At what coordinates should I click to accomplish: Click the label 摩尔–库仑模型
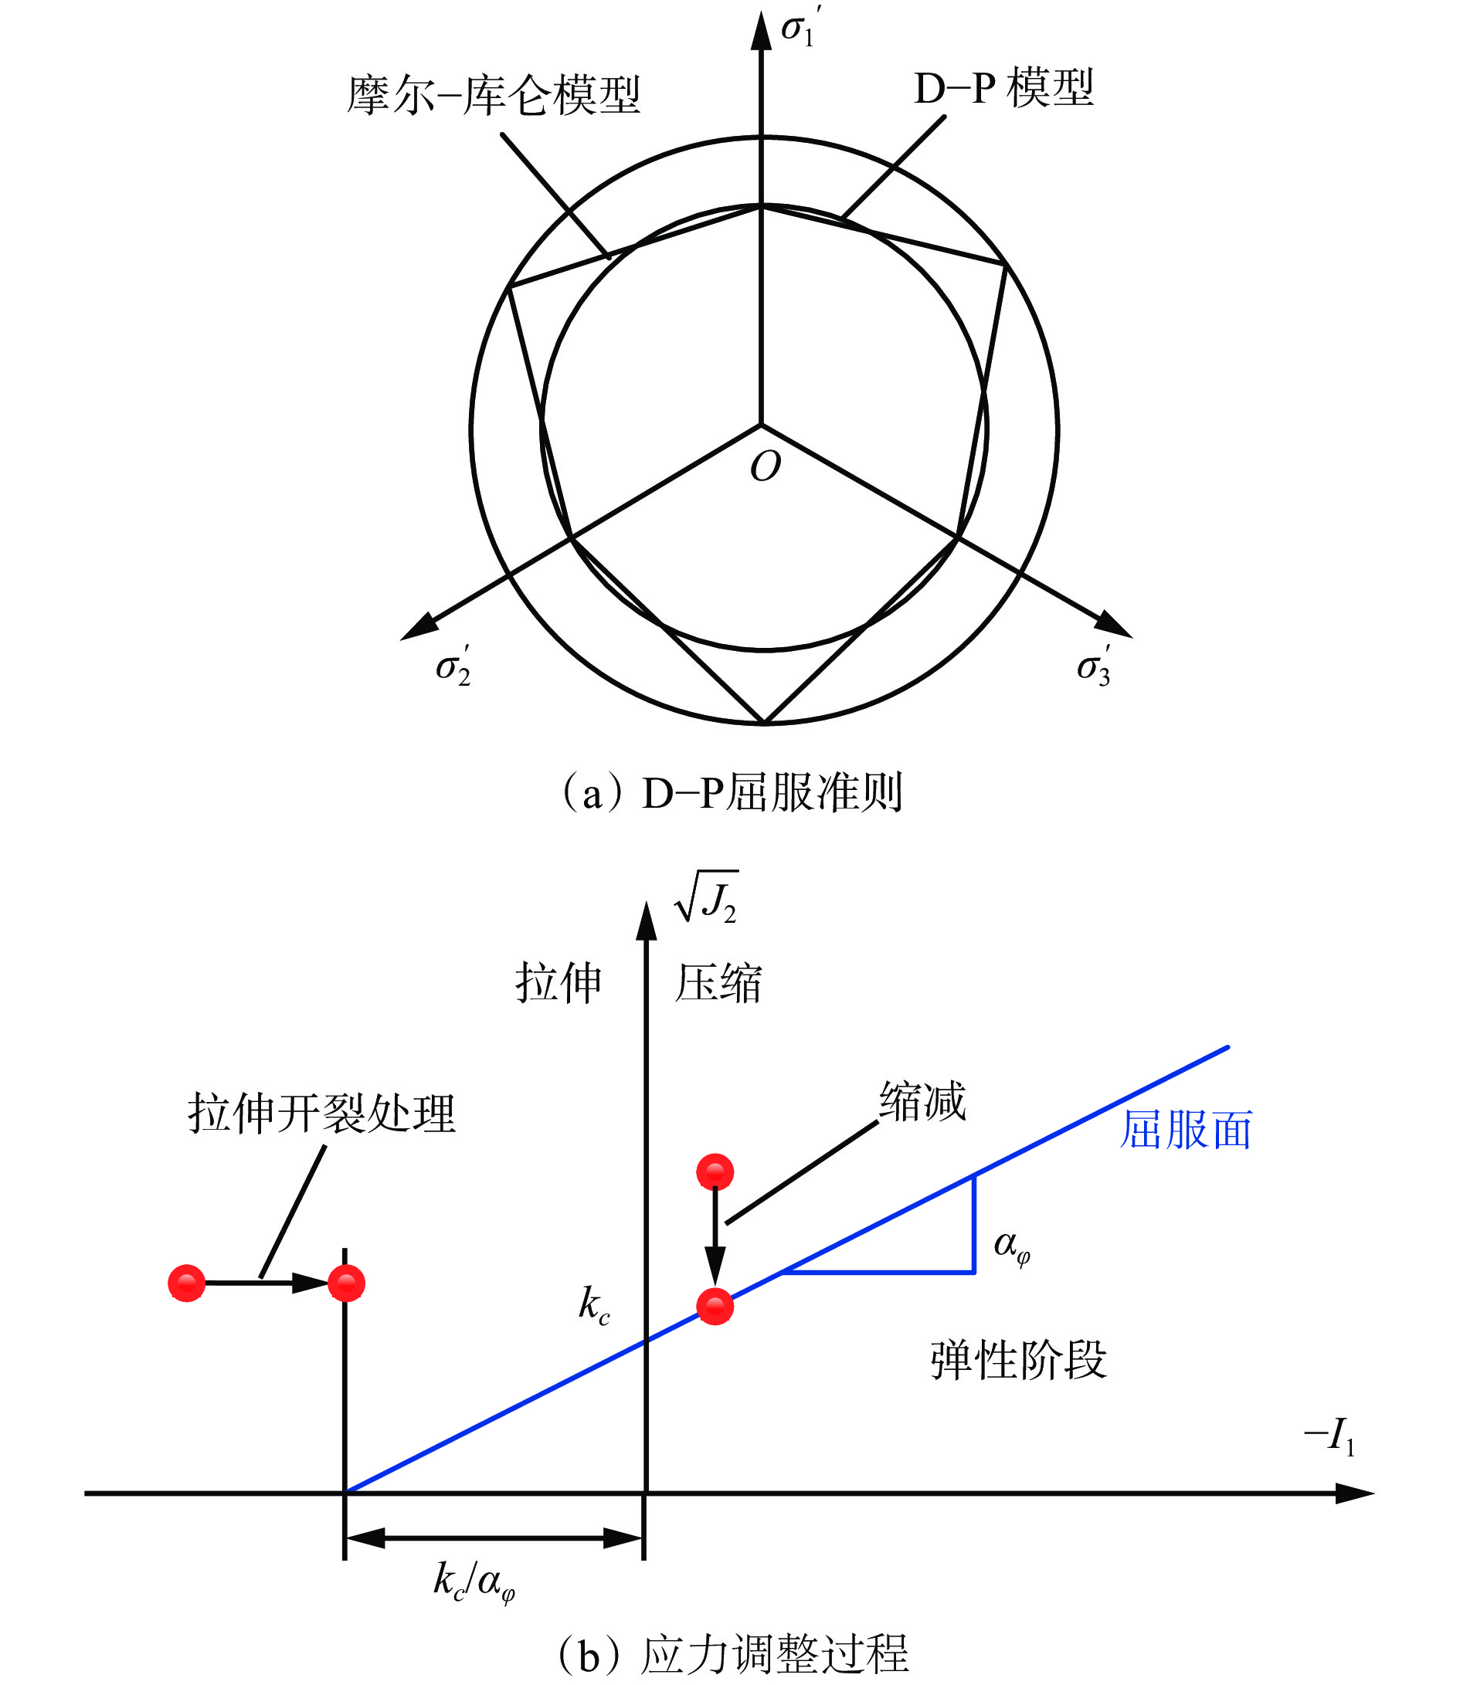pyautogui.click(x=494, y=95)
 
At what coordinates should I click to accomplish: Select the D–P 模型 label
pyautogui.click(x=1003, y=88)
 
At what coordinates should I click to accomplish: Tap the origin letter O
pyautogui.click(x=765, y=466)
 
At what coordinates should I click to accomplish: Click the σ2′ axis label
pyautogui.click(x=453, y=666)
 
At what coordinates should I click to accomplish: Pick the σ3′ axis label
pyautogui.click(x=1093, y=666)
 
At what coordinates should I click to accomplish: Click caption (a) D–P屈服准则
pyautogui.click(x=732, y=792)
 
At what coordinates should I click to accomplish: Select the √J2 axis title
pyautogui.click(x=706, y=897)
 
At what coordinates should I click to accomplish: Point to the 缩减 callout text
pyautogui.click(x=922, y=1101)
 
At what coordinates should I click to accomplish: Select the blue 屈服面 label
pyautogui.click(x=1187, y=1130)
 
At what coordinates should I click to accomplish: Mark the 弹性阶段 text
pyautogui.click(x=1018, y=1360)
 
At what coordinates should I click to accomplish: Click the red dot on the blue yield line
pyautogui.click(x=715, y=1307)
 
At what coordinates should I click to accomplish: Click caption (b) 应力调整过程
pyautogui.click(x=732, y=1653)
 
